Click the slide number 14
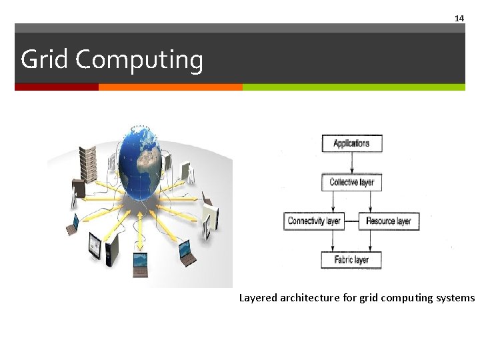[x=459, y=19]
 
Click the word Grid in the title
[x=45, y=60]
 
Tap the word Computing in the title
[x=139, y=61]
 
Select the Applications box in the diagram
[x=351, y=143]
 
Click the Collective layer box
[x=351, y=182]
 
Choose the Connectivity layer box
[x=314, y=221]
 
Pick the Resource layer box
[x=389, y=221]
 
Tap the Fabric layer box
[x=351, y=260]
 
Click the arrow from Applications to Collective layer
[x=351, y=163]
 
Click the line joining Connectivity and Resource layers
[x=351, y=221]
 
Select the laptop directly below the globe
[x=141, y=263]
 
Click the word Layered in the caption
[x=258, y=298]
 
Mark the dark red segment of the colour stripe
[x=57, y=87]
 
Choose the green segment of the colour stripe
[x=353, y=87]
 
